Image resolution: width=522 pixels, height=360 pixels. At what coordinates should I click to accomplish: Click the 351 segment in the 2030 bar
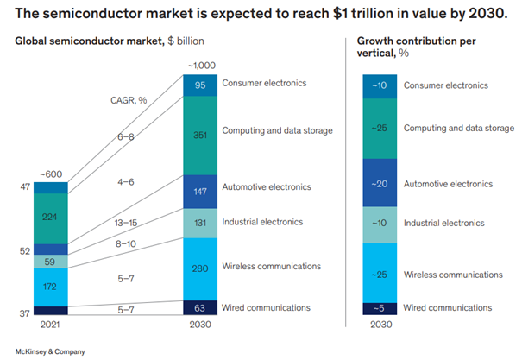[199, 135]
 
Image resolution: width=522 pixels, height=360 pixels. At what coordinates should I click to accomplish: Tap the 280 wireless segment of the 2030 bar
[199, 268]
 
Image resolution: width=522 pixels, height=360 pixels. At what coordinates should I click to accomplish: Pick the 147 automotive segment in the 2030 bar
[199, 190]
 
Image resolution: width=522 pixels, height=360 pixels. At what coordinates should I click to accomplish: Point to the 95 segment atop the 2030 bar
[199, 85]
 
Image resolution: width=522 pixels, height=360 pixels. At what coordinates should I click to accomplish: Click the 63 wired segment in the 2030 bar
[199, 306]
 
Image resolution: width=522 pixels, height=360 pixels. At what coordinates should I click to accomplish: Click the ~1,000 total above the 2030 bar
[199, 66]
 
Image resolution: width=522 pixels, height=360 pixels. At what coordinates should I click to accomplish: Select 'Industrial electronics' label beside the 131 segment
[262, 222]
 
